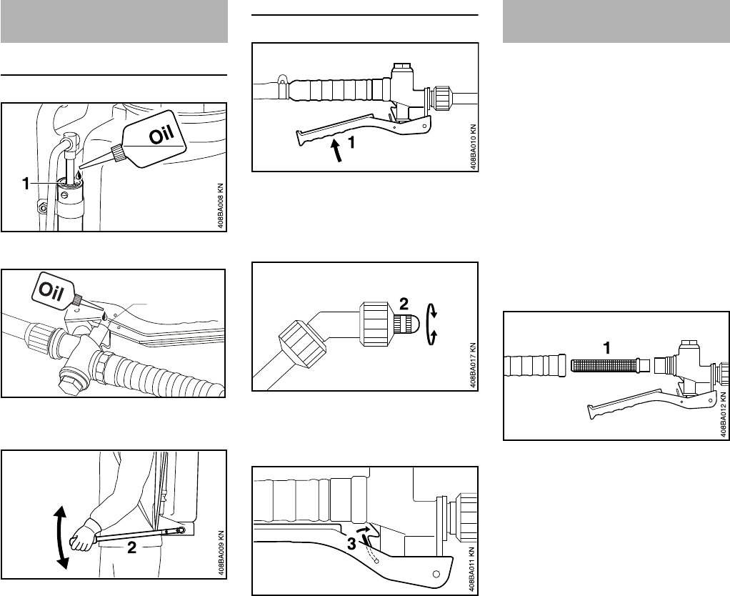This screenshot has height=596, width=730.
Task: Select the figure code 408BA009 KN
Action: [221, 553]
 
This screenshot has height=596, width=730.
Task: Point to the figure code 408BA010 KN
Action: [473, 146]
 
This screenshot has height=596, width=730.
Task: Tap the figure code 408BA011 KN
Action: [473, 570]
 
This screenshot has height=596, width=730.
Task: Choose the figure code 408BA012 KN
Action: [723, 414]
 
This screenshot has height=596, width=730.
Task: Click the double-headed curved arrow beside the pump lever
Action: [61, 537]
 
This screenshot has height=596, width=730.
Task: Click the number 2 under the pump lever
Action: [131, 548]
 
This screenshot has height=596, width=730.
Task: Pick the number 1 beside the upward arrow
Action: [352, 142]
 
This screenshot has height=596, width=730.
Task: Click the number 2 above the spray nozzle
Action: [404, 304]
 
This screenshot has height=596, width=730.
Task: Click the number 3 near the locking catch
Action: [352, 543]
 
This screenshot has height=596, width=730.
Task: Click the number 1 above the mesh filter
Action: [606, 348]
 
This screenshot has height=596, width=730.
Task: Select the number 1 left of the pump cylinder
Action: [26, 184]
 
